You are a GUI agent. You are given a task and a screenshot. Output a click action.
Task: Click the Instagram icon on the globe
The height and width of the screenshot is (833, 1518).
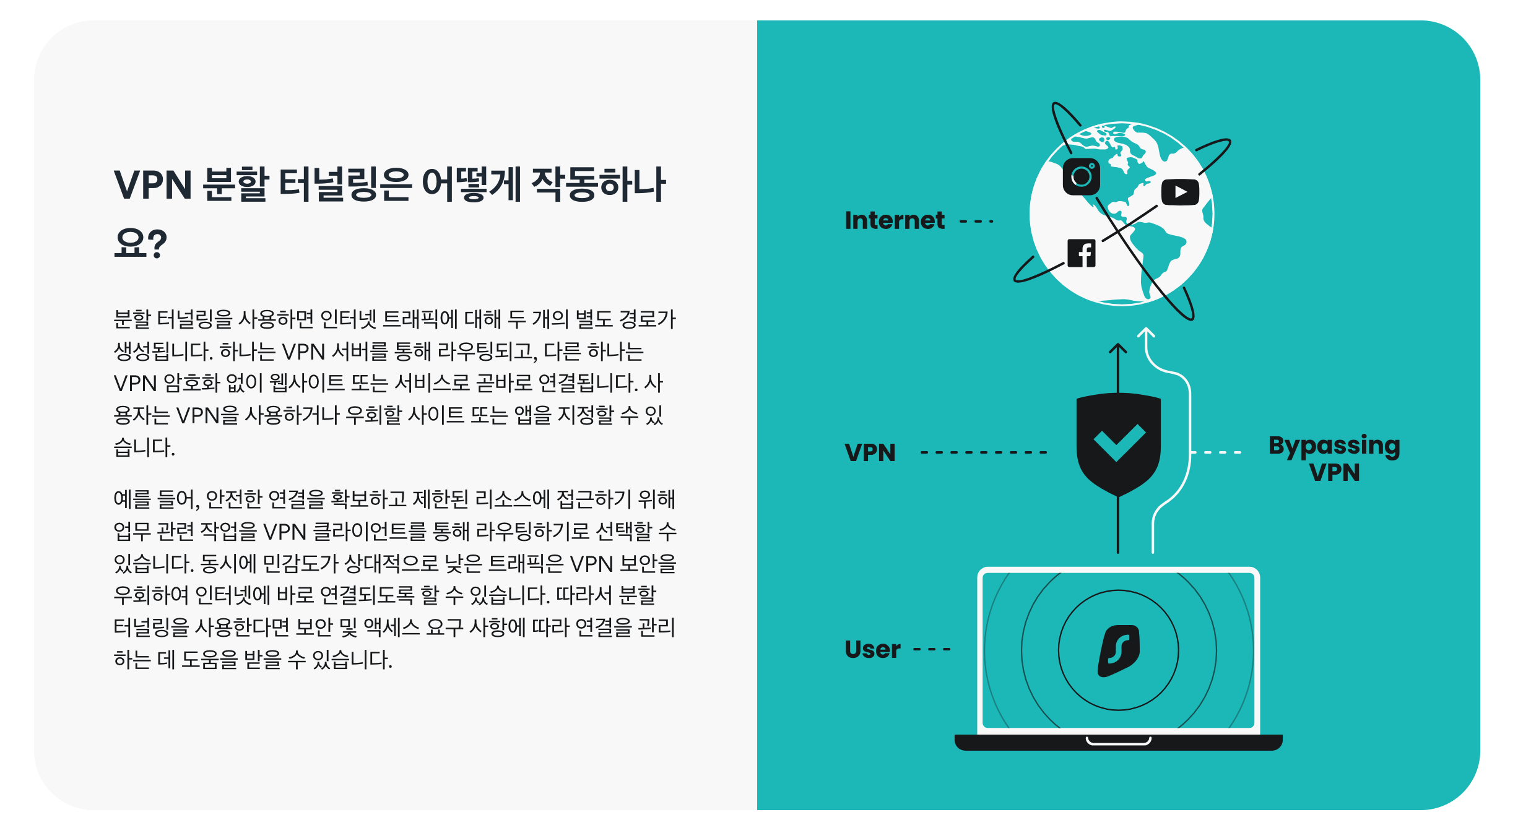click(1081, 176)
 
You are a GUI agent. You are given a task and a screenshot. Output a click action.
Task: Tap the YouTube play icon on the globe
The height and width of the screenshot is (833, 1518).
click(1180, 192)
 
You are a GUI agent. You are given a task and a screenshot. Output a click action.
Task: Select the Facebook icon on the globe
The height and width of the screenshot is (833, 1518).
click(1082, 253)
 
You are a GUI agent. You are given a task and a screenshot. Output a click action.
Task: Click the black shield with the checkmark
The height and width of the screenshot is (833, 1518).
click(1118, 443)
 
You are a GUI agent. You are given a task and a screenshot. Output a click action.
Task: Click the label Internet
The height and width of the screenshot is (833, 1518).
click(895, 220)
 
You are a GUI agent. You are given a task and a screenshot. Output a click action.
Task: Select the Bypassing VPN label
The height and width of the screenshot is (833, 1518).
click(1334, 458)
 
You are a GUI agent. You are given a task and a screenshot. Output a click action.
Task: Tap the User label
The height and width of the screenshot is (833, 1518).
click(872, 649)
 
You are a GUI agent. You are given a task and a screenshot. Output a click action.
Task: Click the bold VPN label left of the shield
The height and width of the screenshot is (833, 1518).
click(870, 452)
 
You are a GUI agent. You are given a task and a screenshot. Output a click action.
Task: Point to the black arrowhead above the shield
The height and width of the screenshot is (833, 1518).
click(1117, 348)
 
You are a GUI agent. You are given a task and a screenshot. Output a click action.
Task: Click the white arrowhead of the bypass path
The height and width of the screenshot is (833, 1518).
click(1147, 333)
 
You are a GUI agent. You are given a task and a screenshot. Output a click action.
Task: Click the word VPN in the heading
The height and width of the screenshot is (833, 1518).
click(153, 185)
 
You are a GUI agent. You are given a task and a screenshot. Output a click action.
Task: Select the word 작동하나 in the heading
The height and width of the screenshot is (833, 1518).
click(598, 185)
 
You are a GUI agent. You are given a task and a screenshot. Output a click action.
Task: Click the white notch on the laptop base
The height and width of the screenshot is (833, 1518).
click(1118, 741)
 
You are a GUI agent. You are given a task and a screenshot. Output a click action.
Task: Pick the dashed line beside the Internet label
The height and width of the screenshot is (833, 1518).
click(976, 221)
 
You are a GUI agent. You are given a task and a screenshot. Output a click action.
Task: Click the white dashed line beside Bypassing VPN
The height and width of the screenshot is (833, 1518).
click(1216, 452)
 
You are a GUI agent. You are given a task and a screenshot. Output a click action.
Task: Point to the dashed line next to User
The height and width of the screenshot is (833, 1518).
click(932, 650)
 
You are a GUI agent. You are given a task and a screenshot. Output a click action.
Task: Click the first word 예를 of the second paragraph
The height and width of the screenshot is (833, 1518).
click(132, 499)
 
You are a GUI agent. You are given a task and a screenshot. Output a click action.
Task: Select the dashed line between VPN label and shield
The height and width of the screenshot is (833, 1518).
click(983, 452)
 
